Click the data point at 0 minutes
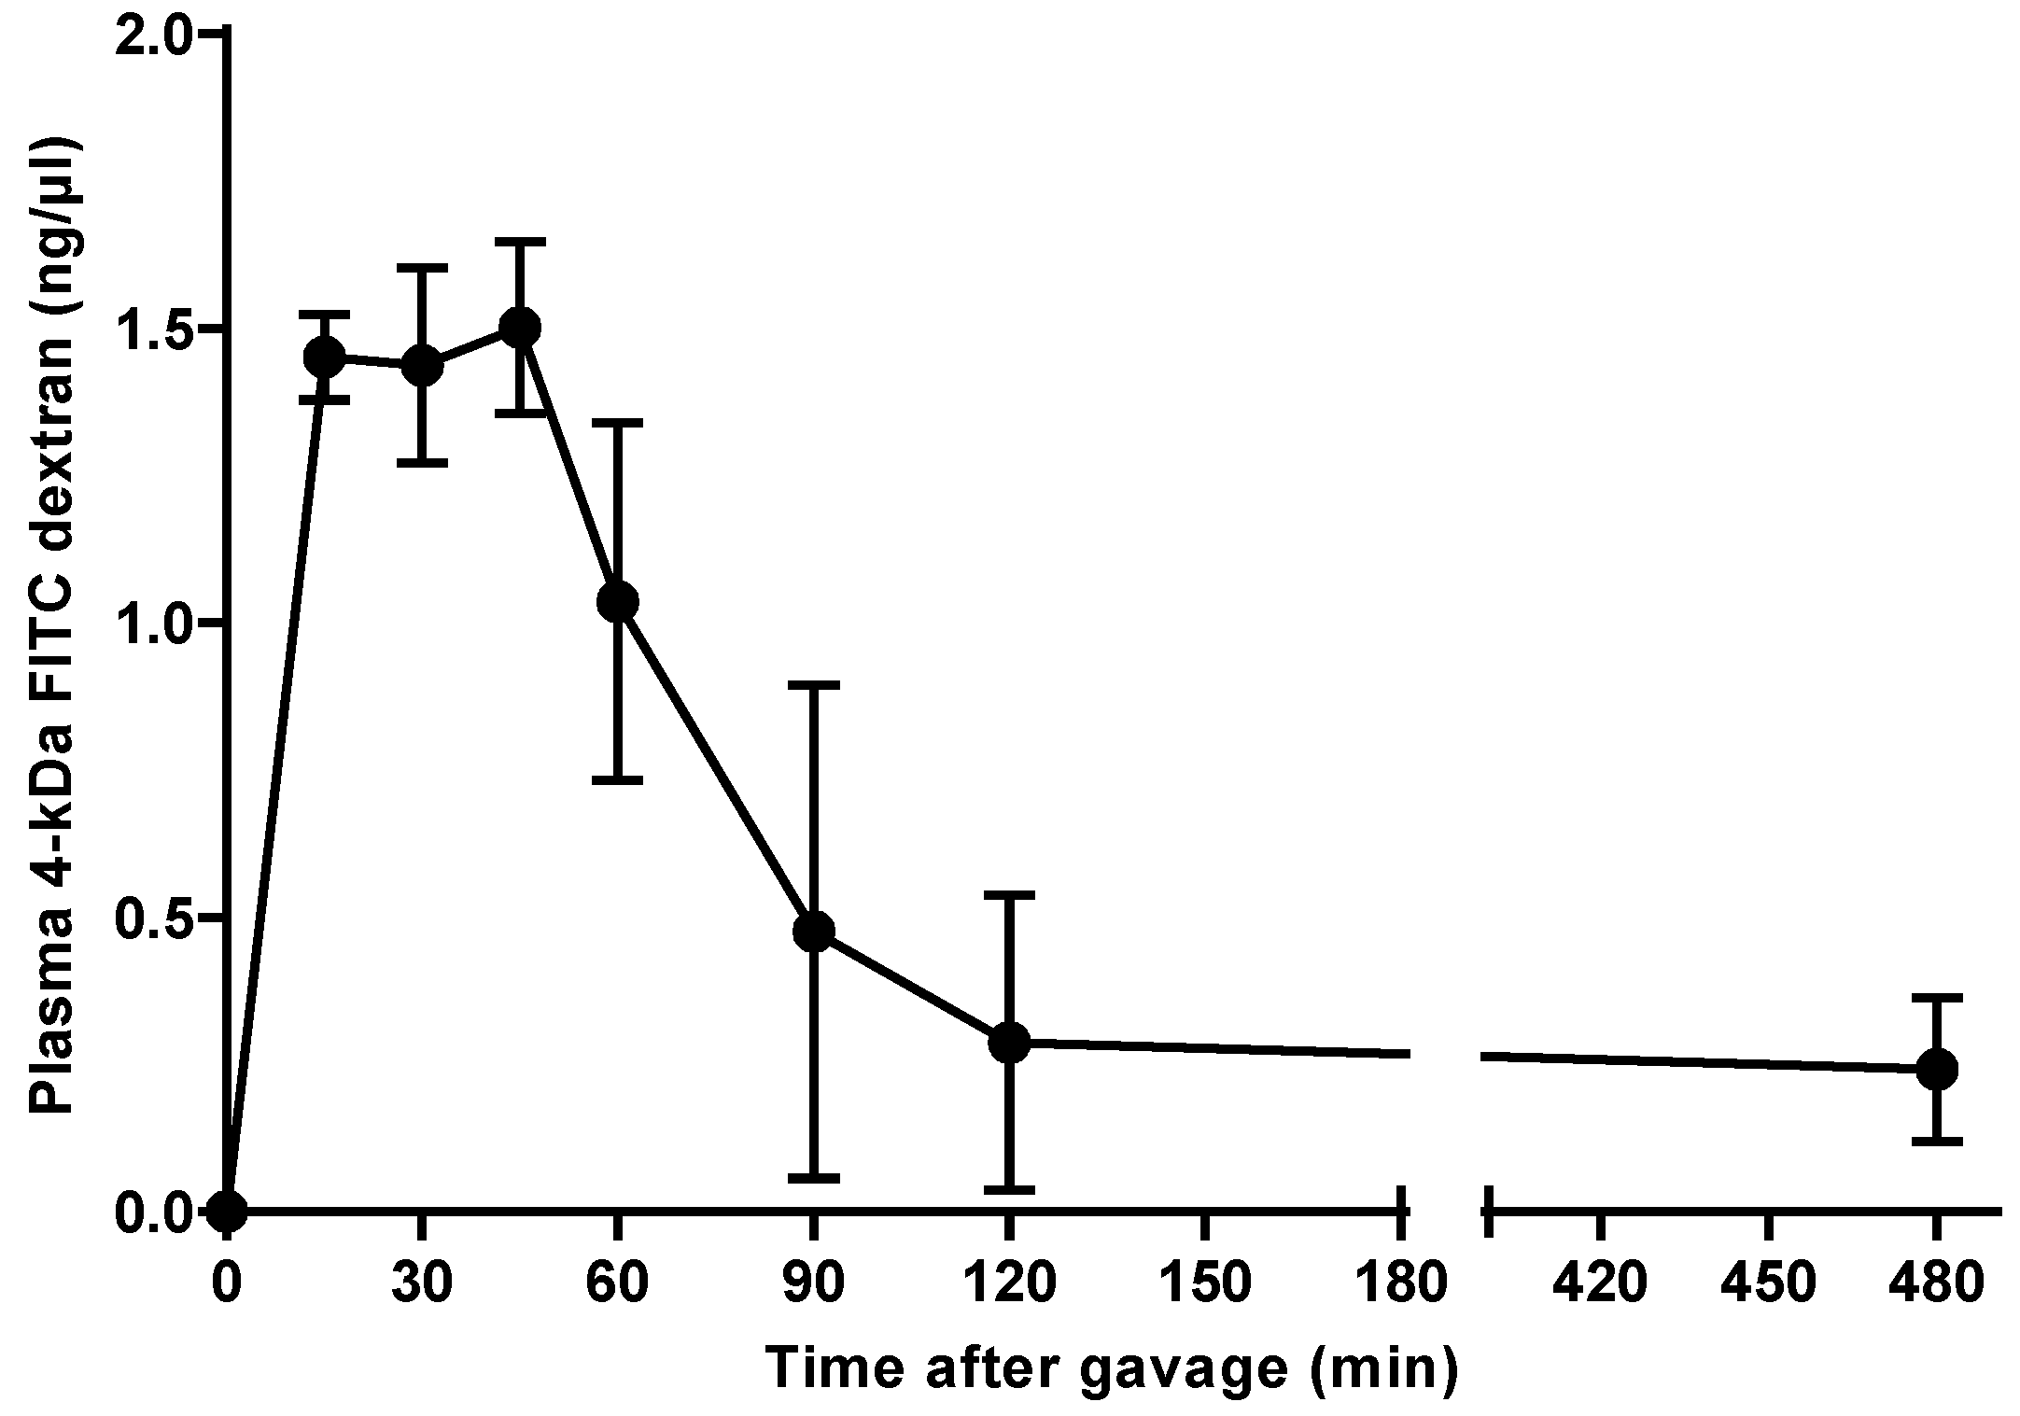coord(227,1212)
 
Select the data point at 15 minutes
coord(325,356)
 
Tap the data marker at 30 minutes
coord(422,365)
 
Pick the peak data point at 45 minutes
coord(520,327)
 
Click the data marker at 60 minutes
coord(618,602)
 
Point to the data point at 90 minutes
coord(814,931)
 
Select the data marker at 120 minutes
coord(1009,1042)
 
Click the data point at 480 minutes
coord(1936,1069)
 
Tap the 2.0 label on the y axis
coord(152,35)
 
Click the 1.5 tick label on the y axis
coord(152,329)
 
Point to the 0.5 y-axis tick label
coord(152,918)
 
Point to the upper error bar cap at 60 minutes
coord(618,423)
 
